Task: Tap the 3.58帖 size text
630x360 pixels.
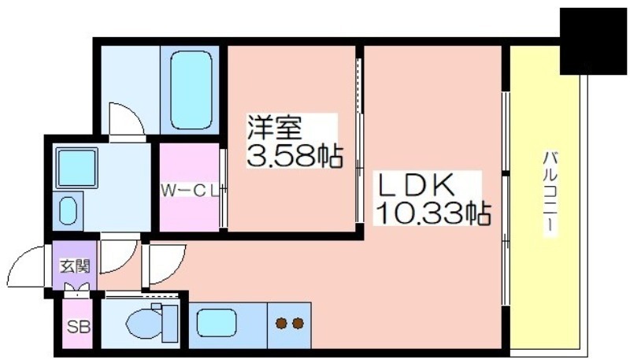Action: [295, 156]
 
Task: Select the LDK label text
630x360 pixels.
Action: [415, 185]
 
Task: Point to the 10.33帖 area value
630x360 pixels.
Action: [432, 213]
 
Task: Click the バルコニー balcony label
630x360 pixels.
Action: [550, 194]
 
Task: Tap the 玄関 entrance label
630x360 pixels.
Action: [75, 266]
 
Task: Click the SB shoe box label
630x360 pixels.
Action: [78, 326]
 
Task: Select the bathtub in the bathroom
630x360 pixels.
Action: [191, 90]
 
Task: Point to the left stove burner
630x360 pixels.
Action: [281, 323]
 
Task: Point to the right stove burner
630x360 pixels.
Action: [298, 323]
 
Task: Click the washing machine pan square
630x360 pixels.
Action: [76, 168]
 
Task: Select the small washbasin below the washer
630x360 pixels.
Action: [68, 211]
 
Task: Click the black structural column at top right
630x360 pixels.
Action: [593, 42]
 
